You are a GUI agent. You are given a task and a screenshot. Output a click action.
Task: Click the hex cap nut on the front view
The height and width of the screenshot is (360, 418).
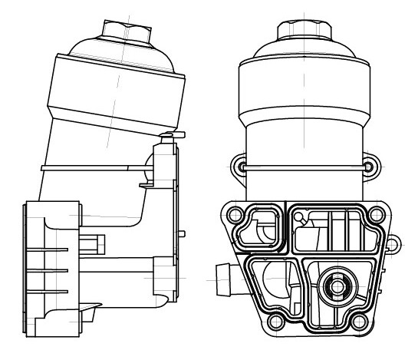coord(303,28)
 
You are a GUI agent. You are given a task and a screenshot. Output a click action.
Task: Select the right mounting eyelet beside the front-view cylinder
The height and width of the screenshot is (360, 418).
coord(369,166)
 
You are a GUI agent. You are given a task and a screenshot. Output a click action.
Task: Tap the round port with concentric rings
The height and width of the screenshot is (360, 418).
coord(336,288)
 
